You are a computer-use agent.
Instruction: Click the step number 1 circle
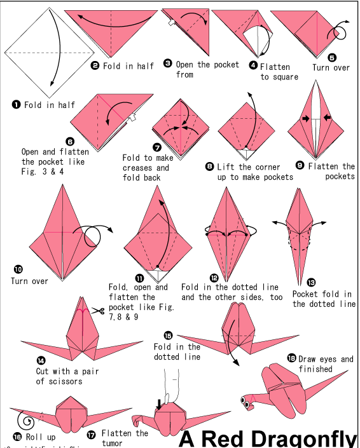[x=16, y=104]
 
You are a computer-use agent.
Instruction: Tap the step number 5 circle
[x=331, y=57]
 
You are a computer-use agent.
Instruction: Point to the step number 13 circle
[x=311, y=282]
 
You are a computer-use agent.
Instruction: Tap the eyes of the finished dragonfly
[x=244, y=400]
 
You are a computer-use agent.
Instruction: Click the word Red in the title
[x=220, y=438]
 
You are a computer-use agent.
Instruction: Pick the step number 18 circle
[x=291, y=359]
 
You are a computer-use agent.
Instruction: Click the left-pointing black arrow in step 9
[x=328, y=118]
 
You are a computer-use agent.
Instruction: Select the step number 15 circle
[x=168, y=336]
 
